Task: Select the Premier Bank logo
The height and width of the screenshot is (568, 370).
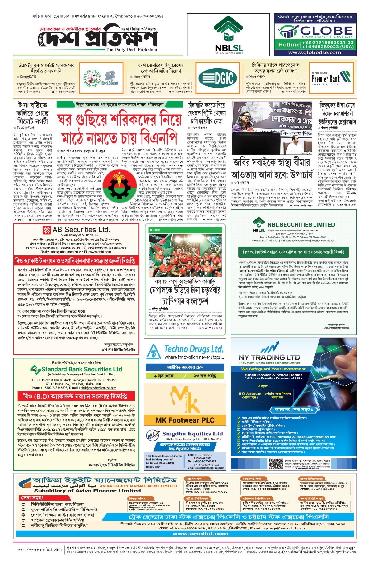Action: (x=331, y=78)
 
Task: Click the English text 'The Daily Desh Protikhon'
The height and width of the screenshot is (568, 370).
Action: (x=131, y=49)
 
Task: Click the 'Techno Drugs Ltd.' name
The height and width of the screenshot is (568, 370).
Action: (x=194, y=349)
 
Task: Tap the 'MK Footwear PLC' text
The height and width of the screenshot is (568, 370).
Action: (x=185, y=420)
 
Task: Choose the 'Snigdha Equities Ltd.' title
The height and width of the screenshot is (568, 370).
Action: (x=193, y=434)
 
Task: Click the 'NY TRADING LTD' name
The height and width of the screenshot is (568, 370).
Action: (x=269, y=358)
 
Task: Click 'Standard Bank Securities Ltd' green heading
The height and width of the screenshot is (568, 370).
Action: (x=82, y=369)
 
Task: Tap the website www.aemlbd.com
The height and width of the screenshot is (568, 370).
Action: (x=200, y=534)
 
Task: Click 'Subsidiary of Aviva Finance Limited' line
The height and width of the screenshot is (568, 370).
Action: (x=87, y=491)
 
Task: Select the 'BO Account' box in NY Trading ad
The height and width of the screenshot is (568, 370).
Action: (x=250, y=395)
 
